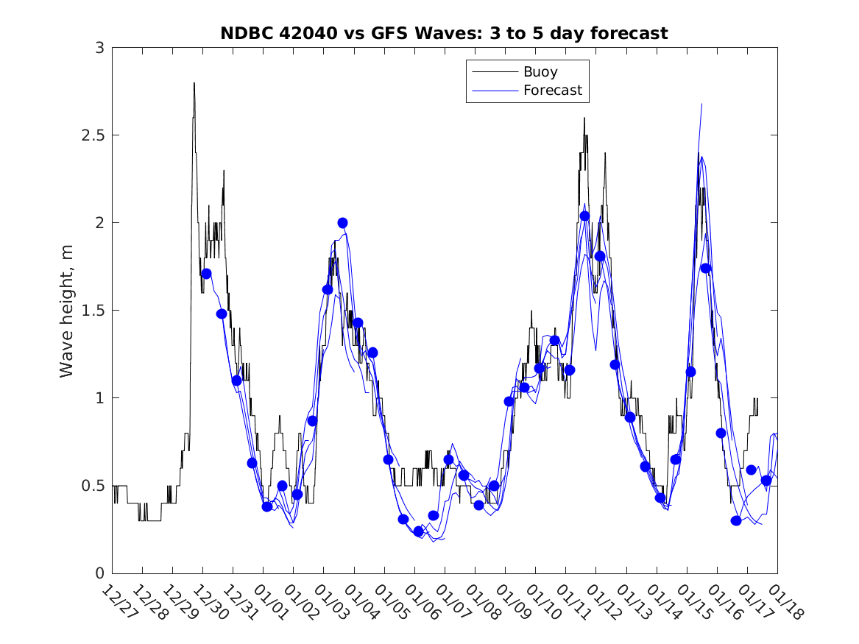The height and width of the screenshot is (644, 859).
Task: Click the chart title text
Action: click(444, 33)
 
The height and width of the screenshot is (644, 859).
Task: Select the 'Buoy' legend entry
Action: click(540, 72)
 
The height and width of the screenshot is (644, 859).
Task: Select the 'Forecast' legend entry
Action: click(552, 91)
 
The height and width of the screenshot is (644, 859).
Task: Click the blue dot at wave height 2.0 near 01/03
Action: click(342, 223)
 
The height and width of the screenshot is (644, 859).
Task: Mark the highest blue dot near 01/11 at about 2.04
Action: click(584, 216)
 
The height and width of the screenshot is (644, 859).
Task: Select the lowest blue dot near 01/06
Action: click(419, 531)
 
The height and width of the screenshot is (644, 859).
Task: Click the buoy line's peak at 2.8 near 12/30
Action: click(194, 83)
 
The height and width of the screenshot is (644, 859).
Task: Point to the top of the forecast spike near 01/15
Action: click(701, 104)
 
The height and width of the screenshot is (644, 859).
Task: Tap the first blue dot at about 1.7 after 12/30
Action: click(206, 274)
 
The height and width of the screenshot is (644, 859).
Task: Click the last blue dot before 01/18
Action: click(766, 481)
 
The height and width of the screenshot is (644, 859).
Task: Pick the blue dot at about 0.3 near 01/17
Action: click(736, 520)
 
